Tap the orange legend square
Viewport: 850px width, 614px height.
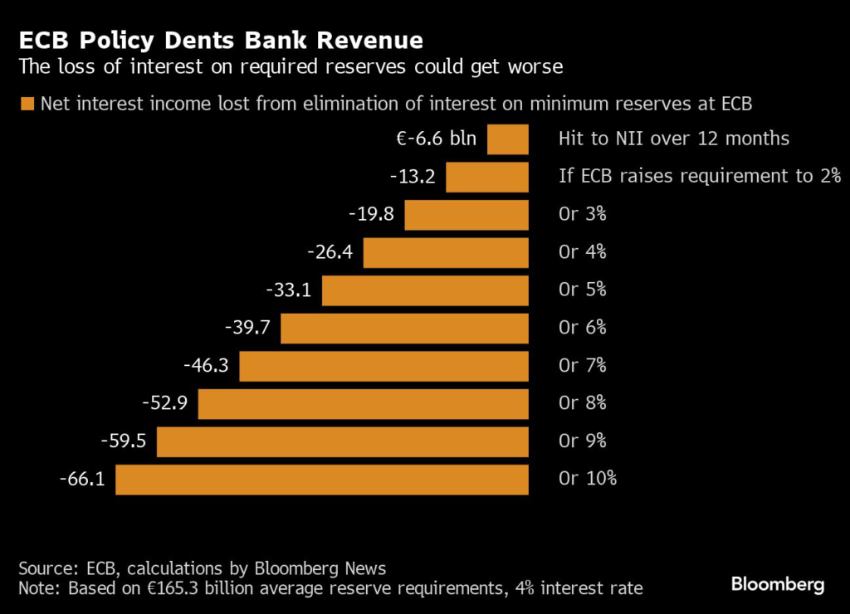coord(27,104)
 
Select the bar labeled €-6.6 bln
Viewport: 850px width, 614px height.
coord(507,139)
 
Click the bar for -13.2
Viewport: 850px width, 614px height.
coord(487,177)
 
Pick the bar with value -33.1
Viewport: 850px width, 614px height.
coord(425,290)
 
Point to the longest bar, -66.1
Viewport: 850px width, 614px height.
coord(322,480)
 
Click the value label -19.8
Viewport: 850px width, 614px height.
coord(371,214)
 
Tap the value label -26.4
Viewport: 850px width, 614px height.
coord(330,252)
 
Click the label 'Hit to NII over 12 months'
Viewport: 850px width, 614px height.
coord(674,139)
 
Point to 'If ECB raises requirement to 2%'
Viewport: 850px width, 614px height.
coord(700,177)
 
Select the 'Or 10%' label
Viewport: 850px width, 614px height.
coord(588,480)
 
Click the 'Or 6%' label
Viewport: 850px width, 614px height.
coord(583,328)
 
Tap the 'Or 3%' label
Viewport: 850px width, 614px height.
coord(583,214)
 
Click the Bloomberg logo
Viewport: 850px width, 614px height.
coord(778,585)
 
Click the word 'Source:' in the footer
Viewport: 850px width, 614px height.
coord(49,568)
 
